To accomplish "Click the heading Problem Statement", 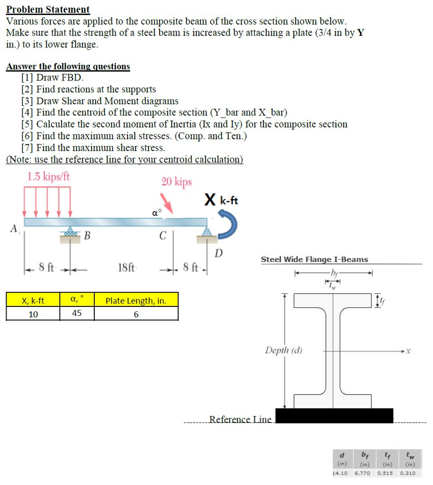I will [48, 9].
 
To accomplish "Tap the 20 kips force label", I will [176, 182].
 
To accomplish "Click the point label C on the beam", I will [163, 235].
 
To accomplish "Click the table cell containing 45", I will [76, 314].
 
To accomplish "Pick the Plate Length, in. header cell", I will [135, 300].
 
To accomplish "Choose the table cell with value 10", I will [33, 314].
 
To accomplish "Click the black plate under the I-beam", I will [334, 415].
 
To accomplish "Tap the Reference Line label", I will [240, 419].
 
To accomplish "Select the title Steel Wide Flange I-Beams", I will [314, 259].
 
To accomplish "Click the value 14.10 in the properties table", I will [340, 473].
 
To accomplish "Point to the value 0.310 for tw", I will [407, 473].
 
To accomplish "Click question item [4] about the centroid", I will [154, 112].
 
